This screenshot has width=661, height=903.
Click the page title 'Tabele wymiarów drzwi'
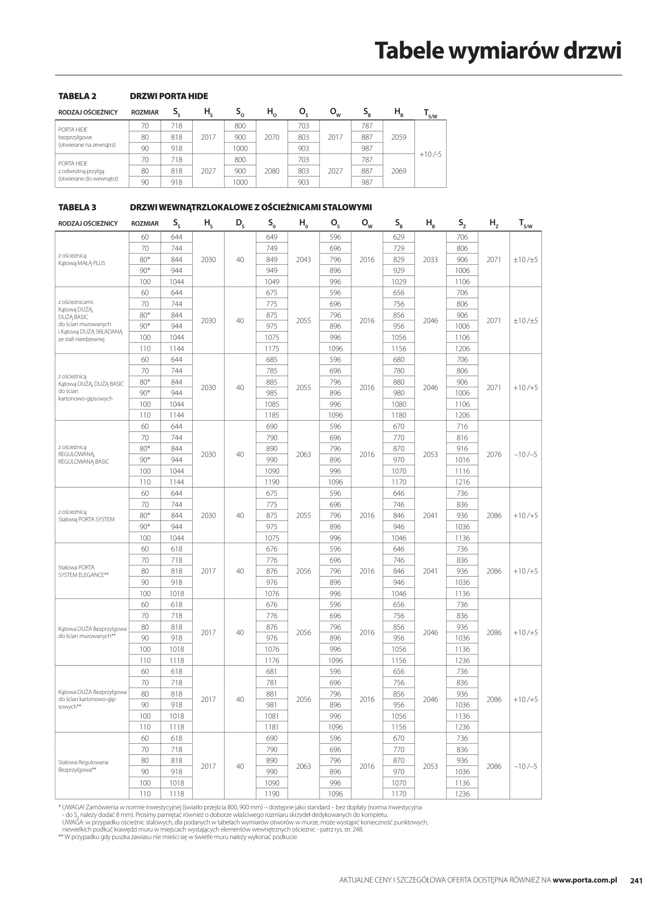(498, 51)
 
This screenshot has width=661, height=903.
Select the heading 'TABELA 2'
(77, 96)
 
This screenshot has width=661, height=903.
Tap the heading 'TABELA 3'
(77, 207)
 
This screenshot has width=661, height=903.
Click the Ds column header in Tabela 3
(240, 224)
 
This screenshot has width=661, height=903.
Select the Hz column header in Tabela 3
(494, 224)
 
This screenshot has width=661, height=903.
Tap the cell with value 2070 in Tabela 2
(272, 137)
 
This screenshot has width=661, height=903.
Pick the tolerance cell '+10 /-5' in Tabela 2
(430, 154)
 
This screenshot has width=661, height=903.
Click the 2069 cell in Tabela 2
(398, 171)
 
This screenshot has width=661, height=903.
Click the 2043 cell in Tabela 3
(304, 260)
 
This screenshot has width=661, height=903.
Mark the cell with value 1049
(272, 282)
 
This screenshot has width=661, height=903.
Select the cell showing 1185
(272, 415)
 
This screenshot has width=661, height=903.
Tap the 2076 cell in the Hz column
(494, 454)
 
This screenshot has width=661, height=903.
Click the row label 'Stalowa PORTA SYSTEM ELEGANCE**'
(84, 571)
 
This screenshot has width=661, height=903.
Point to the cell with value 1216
(462, 482)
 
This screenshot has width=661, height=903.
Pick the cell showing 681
(272, 671)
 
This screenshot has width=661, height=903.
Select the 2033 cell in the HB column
(430, 260)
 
